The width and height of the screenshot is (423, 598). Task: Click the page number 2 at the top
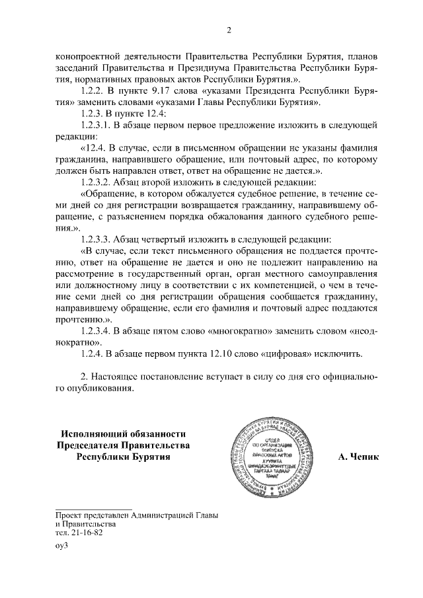coord(229,29)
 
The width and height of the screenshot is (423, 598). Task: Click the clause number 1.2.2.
coord(92,89)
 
